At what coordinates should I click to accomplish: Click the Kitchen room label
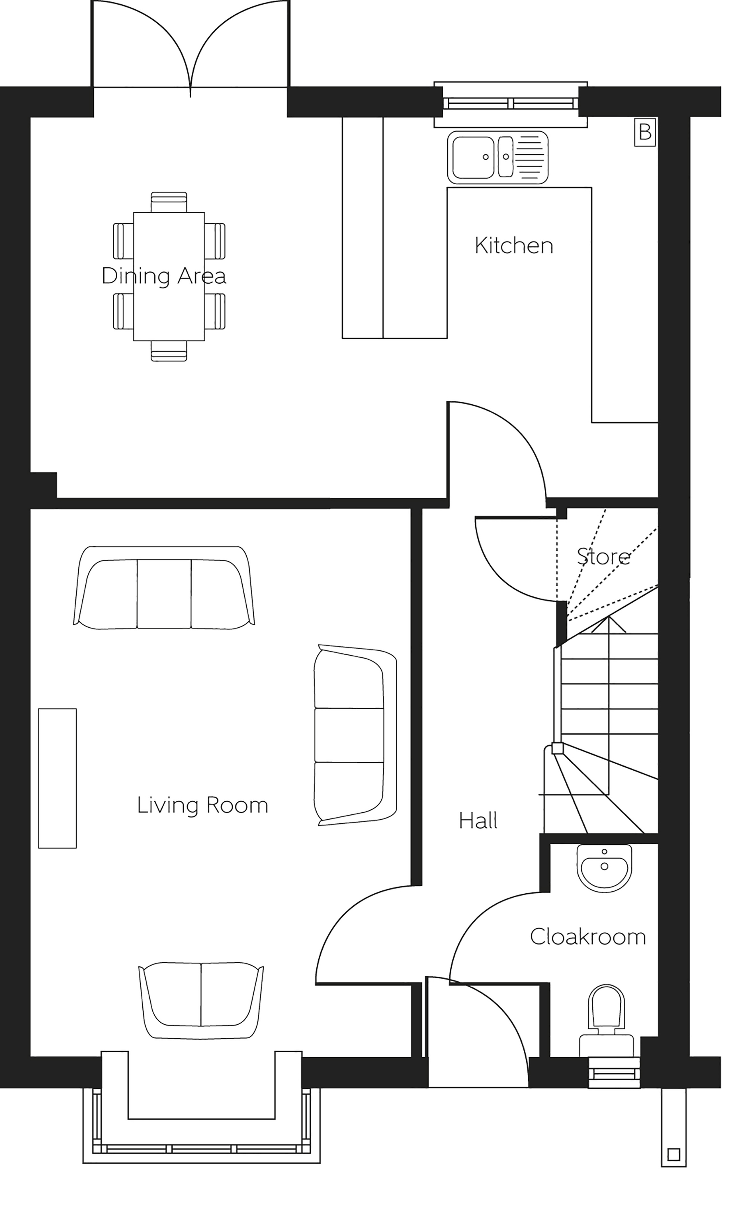tap(514, 245)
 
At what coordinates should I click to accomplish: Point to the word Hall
tap(478, 820)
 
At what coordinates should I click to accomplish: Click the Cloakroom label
tap(587, 937)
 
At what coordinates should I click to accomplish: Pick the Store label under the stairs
tap(603, 556)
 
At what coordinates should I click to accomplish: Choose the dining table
tap(169, 277)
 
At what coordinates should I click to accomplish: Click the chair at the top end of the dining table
tap(169, 202)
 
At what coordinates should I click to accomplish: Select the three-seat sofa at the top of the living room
tap(164, 587)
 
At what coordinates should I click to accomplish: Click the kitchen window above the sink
tap(510, 104)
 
